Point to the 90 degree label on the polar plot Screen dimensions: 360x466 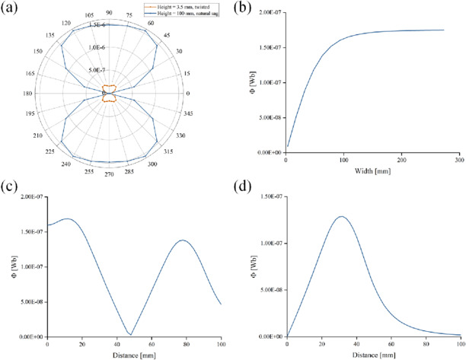coord(109,13)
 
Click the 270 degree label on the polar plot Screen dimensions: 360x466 coord(109,173)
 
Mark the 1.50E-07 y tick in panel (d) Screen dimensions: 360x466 coord(267,197)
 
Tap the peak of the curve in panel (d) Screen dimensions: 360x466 coord(340,217)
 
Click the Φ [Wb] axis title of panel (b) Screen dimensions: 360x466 coord(247,83)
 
